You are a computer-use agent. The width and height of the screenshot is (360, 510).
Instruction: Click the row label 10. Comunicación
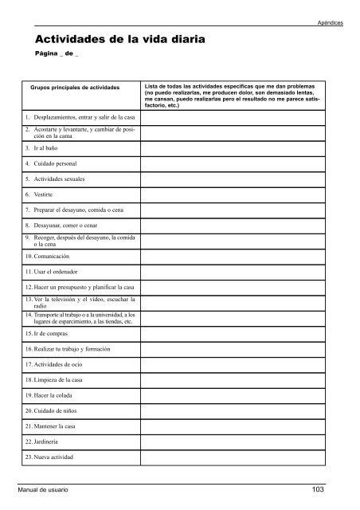pos(53,258)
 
